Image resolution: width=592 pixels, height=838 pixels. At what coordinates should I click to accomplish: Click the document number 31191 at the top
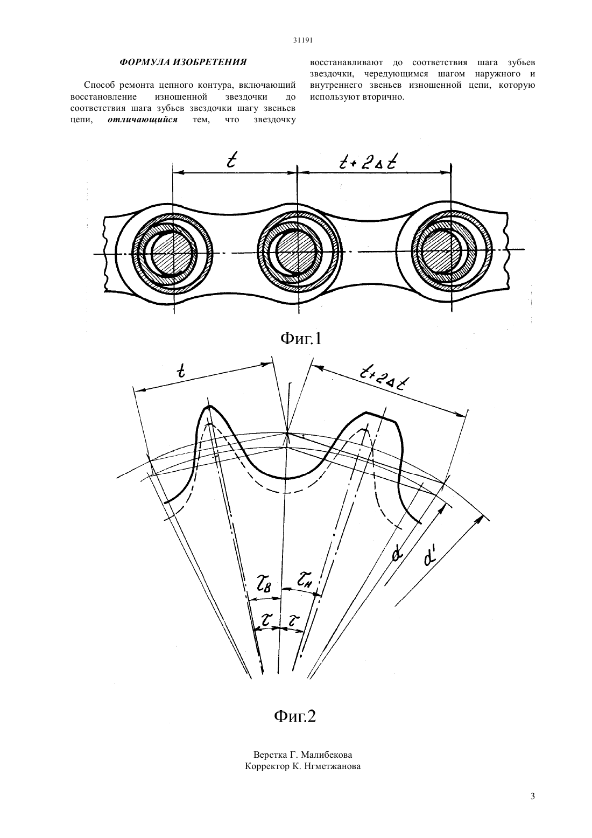(x=302, y=40)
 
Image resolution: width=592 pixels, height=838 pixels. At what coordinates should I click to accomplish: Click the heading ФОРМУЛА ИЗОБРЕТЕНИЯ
(x=183, y=62)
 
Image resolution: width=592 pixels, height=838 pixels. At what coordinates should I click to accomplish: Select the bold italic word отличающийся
(x=143, y=120)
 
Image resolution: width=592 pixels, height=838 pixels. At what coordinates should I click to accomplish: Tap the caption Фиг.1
(x=300, y=339)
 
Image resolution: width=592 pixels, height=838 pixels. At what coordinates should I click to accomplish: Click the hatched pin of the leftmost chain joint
(x=174, y=253)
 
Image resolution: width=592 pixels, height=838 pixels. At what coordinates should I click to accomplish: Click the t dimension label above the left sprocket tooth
(x=181, y=371)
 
